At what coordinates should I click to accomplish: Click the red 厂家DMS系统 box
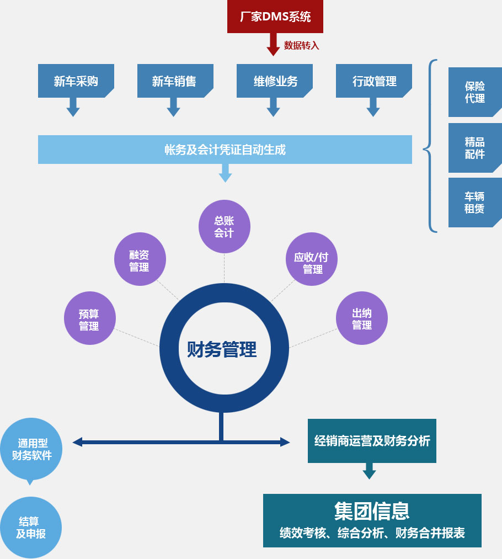pos(275,17)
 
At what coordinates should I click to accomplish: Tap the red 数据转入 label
pos(301,45)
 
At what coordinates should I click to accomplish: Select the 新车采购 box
pos(76,81)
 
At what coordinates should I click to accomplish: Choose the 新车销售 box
pos(174,81)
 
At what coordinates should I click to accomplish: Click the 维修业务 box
pos(275,81)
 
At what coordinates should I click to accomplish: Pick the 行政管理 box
pos(374,81)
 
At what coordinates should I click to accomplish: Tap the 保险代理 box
pos(474,92)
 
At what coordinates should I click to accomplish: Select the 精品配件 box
pos(474,148)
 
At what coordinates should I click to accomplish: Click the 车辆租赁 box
pos(474,203)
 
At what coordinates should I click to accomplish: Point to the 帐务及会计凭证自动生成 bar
pos(225,150)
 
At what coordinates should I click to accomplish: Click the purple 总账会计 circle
pos(224,226)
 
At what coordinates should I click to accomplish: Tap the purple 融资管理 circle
pos(140,259)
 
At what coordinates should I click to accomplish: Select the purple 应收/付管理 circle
pos(312,263)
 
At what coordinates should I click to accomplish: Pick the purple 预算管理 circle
pos(89,318)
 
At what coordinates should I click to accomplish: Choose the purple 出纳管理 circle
pos(362,318)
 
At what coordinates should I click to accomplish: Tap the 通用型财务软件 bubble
pos(31,448)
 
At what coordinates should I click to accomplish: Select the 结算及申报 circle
pos(31,527)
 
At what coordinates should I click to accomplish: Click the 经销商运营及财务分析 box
pos(372,441)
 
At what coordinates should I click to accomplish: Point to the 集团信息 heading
pos(372,511)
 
